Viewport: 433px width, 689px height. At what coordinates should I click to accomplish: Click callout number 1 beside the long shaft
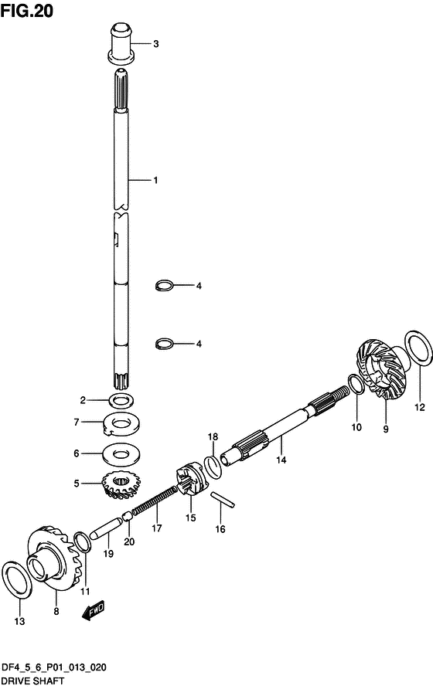point(155,181)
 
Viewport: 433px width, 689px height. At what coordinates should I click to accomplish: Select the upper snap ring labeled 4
point(164,286)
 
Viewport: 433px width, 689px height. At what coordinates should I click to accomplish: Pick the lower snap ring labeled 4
point(164,343)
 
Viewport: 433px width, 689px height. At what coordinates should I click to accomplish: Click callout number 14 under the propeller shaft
point(281,460)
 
